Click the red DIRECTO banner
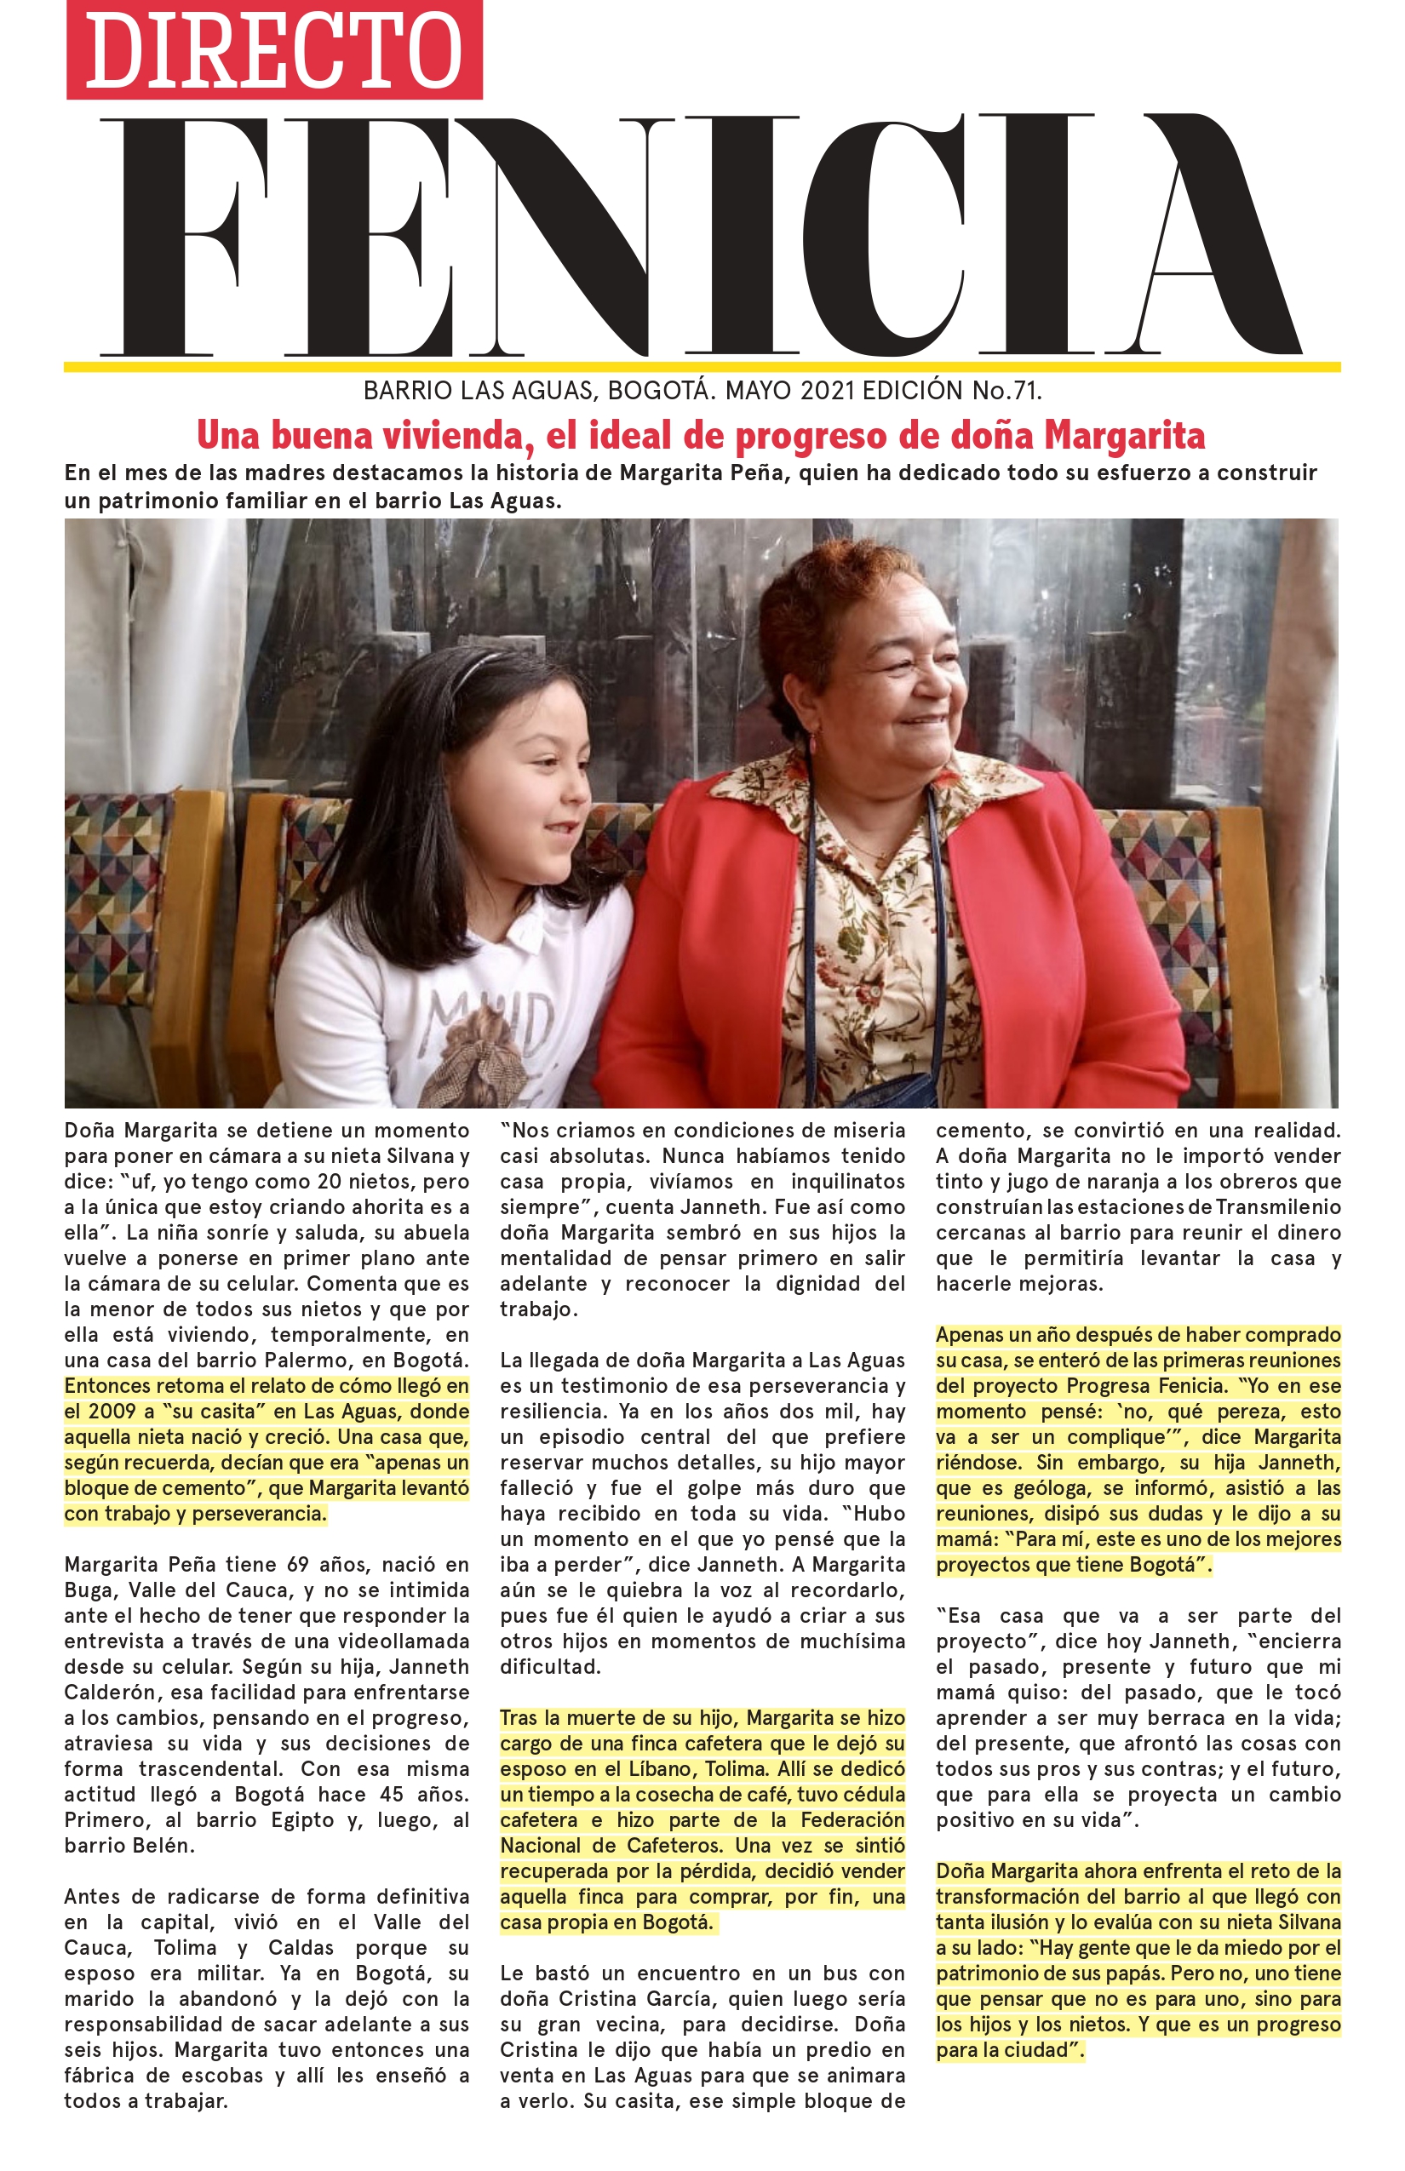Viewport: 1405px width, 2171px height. click(x=273, y=50)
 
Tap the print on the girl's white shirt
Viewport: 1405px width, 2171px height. click(x=493, y=1040)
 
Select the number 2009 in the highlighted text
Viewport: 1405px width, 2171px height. click(x=112, y=1412)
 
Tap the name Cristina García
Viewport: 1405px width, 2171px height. click(x=628, y=1999)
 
